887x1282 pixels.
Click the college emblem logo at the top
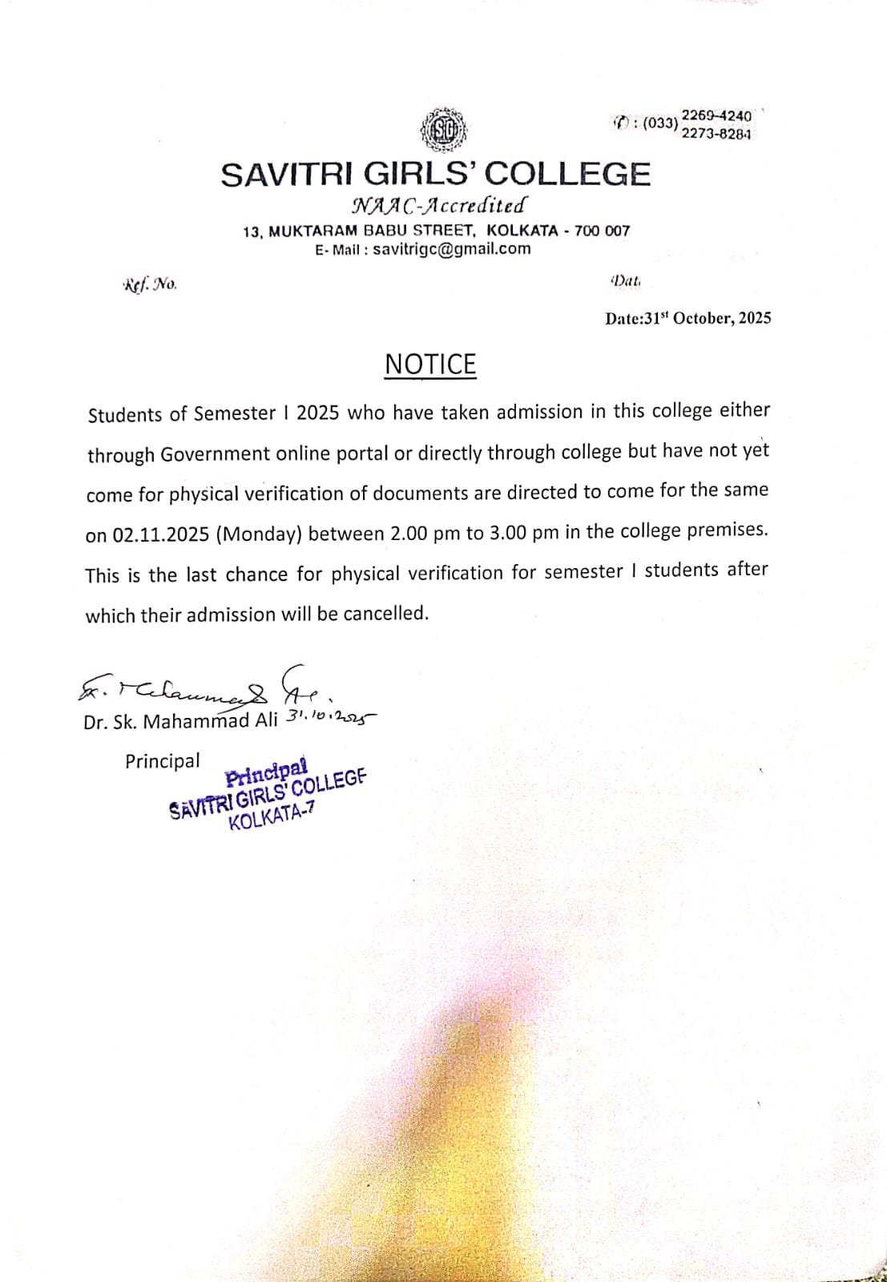[x=444, y=130]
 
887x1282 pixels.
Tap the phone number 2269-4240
[x=716, y=116]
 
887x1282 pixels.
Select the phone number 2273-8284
[x=716, y=134]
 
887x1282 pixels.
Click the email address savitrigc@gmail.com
[x=452, y=248]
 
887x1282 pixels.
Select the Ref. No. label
[x=151, y=284]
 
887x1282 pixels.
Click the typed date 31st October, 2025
[x=708, y=318]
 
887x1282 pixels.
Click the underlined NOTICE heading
[x=430, y=365]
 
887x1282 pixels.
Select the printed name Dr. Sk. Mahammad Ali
[x=180, y=721]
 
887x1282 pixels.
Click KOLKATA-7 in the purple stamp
[x=272, y=817]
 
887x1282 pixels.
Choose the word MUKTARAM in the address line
[x=312, y=232]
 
